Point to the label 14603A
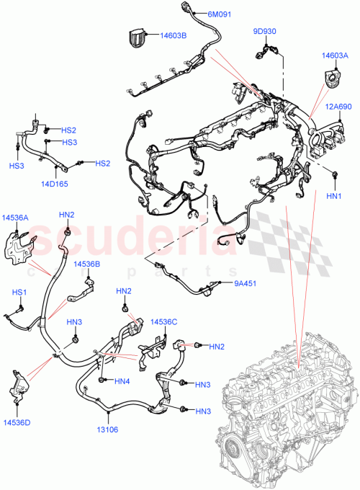click(335, 55)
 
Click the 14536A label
click(15, 217)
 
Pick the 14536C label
click(163, 321)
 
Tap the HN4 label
click(122, 381)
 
